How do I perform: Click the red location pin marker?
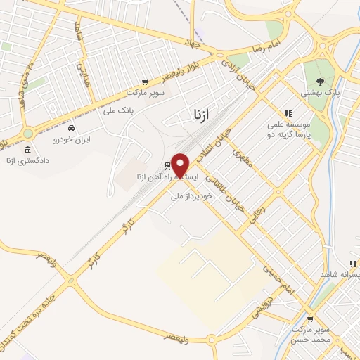[181, 165]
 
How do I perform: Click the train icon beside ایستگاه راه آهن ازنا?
[167, 166]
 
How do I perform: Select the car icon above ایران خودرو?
[71, 128]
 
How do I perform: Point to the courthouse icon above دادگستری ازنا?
[28, 150]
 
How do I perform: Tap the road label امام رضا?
[284, 40]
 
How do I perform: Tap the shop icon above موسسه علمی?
[288, 113]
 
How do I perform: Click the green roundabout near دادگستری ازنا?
[28, 133]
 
